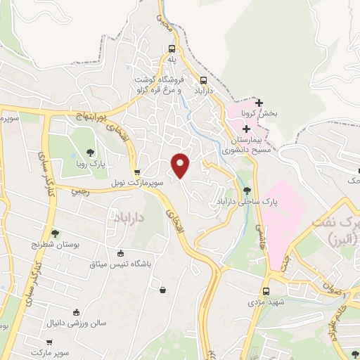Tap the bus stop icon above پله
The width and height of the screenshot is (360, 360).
click(172, 49)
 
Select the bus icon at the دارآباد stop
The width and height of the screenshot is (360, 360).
click(203, 80)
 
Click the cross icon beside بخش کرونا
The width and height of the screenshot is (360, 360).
click(259, 103)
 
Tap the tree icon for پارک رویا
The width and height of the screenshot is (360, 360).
click(89, 152)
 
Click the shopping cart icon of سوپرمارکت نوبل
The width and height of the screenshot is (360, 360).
click(137, 171)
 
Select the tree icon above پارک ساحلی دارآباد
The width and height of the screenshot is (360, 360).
click(246, 190)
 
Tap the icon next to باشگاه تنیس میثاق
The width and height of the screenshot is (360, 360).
click(120, 253)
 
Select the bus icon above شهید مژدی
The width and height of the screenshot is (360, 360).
click(266, 291)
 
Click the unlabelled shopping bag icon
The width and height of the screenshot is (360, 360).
click(163, 289)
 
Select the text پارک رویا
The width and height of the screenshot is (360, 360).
click(89, 163)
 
